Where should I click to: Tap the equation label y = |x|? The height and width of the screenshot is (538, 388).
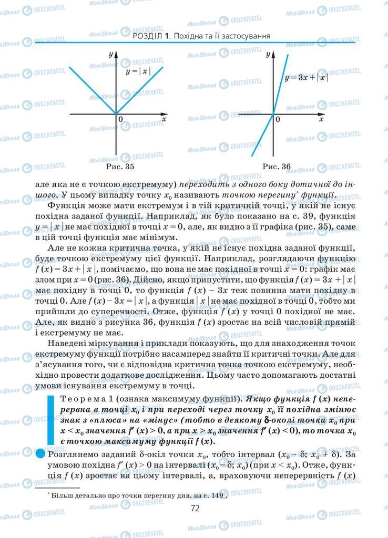[138, 70]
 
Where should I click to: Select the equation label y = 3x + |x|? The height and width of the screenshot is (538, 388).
[305, 78]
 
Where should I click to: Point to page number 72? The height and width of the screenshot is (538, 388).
[195, 508]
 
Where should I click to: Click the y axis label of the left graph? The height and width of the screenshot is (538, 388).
[111, 54]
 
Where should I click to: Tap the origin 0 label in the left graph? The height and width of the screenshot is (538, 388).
[120, 120]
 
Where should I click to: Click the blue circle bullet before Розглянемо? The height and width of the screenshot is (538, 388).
[41, 453]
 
